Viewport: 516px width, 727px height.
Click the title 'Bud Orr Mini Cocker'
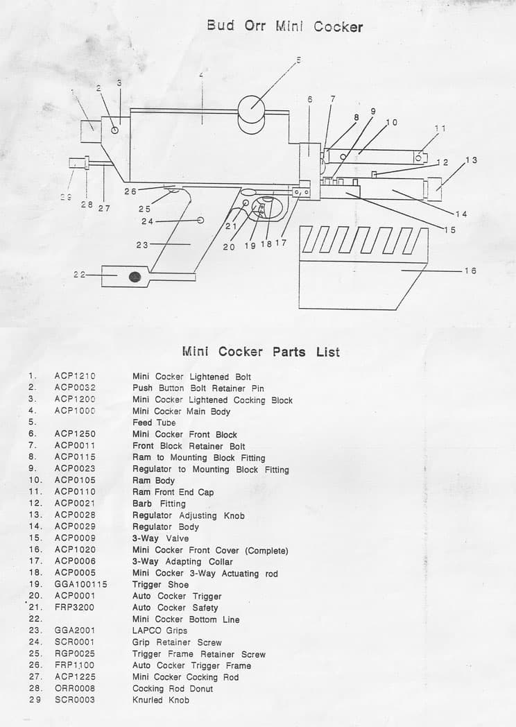(284, 26)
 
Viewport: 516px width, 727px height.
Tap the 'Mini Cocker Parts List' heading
(261, 352)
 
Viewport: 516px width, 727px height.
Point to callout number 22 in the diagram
(79, 275)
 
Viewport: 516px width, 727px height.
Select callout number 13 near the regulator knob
(471, 160)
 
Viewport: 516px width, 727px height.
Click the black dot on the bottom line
(135, 277)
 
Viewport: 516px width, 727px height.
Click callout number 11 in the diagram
(440, 128)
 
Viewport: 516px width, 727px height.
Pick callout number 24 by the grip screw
(147, 221)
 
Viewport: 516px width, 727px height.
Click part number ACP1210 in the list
(75, 376)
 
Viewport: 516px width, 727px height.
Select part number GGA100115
(80, 584)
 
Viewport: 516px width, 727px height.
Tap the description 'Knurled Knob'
(160, 700)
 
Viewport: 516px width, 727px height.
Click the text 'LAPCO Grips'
(160, 631)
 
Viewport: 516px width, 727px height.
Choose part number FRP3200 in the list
(74, 608)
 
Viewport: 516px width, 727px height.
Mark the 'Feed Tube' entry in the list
(154, 422)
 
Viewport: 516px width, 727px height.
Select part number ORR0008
(75, 688)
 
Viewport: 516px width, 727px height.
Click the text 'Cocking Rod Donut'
(173, 688)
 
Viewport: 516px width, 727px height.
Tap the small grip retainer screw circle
(200, 220)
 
